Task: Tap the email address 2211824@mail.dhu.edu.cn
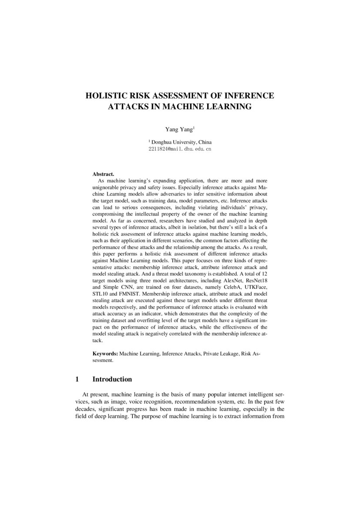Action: click(180, 149)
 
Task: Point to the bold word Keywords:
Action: click(105, 354)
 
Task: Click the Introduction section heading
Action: click(112, 379)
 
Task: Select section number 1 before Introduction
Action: click(77, 379)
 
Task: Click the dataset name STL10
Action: click(101, 301)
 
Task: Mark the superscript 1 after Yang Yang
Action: click(194, 127)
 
